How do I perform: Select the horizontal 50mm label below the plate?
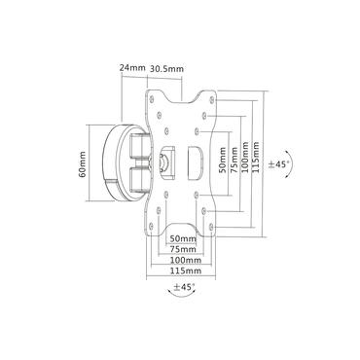click(182, 238)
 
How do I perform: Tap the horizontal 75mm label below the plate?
click(182, 249)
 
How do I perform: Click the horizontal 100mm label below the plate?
click(182, 261)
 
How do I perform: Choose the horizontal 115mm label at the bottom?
click(182, 272)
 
